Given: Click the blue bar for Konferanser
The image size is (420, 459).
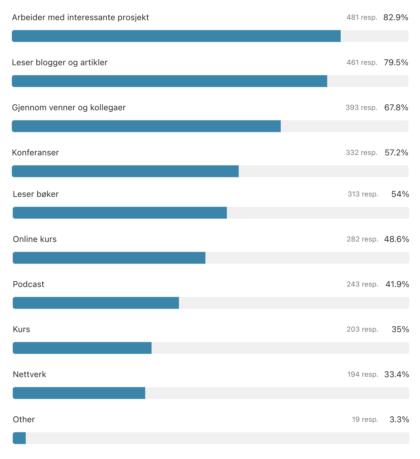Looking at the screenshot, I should click(x=125, y=171).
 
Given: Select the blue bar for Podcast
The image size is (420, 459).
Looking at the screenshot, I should click(x=96, y=303).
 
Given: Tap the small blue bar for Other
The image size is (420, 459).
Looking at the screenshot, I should click(x=19, y=438).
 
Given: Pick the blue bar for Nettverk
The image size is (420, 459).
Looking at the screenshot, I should click(x=79, y=393).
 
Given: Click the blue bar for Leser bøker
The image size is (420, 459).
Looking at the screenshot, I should click(x=120, y=213).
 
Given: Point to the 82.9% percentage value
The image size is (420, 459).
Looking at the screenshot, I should click(x=396, y=17).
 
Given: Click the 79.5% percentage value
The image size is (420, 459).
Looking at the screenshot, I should click(x=396, y=63).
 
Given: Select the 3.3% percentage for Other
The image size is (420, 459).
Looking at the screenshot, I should click(x=399, y=420).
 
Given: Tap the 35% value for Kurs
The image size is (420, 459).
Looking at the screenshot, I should click(x=400, y=329).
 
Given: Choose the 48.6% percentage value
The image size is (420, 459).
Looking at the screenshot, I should click(x=397, y=239).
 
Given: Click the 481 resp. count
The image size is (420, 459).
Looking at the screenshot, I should click(x=362, y=17).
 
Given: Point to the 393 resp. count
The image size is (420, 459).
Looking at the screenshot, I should click(x=361, y=108).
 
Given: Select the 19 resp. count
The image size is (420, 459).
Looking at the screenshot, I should click(x=365, y=420).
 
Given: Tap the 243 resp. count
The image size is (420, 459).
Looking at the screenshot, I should click(x=363, y=284).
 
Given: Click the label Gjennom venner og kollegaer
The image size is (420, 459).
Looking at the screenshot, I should click(x=69, y=108).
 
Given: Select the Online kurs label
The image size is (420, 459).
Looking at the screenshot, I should click(x=35, y=239).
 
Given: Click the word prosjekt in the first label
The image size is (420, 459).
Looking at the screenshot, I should click(x=133, y=18).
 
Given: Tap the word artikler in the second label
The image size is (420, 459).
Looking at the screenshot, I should click(x=94, y=63).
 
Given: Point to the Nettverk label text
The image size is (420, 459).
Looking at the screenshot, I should click(x=30, y=374).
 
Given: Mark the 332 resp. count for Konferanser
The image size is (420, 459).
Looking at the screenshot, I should click(x=362, y=153).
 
